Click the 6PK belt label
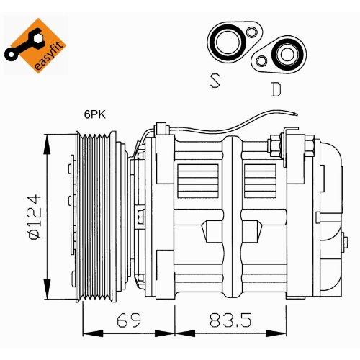click(x=94, y=114)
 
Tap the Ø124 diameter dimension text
click(x=35, y=217)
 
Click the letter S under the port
click(x=215, y=81)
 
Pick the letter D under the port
click(x=276, y=89)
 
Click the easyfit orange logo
click(x=36, y=45)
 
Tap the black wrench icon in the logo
click(x=23, y=45)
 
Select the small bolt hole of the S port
click(x=252, y=32)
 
